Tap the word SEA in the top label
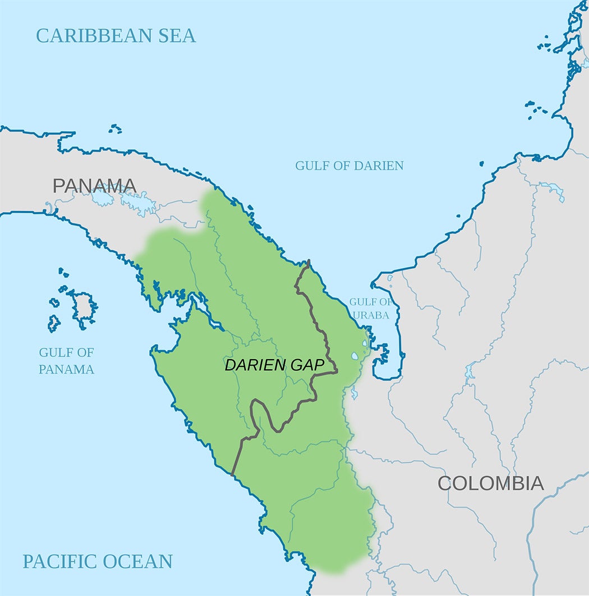coord(174,35)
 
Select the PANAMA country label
coord(94,185)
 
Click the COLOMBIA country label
coord(490,483)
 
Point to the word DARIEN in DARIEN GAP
coord(256,365)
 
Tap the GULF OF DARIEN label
coord(349,166)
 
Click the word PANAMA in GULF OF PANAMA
coord(66,369)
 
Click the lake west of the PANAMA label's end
coord(102,198)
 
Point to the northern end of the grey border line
coord(309,261)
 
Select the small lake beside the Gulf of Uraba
coord(355,356)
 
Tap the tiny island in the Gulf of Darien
coord(481,164)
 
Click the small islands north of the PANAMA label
coord(115,129)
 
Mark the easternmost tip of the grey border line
coord(337,371)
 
